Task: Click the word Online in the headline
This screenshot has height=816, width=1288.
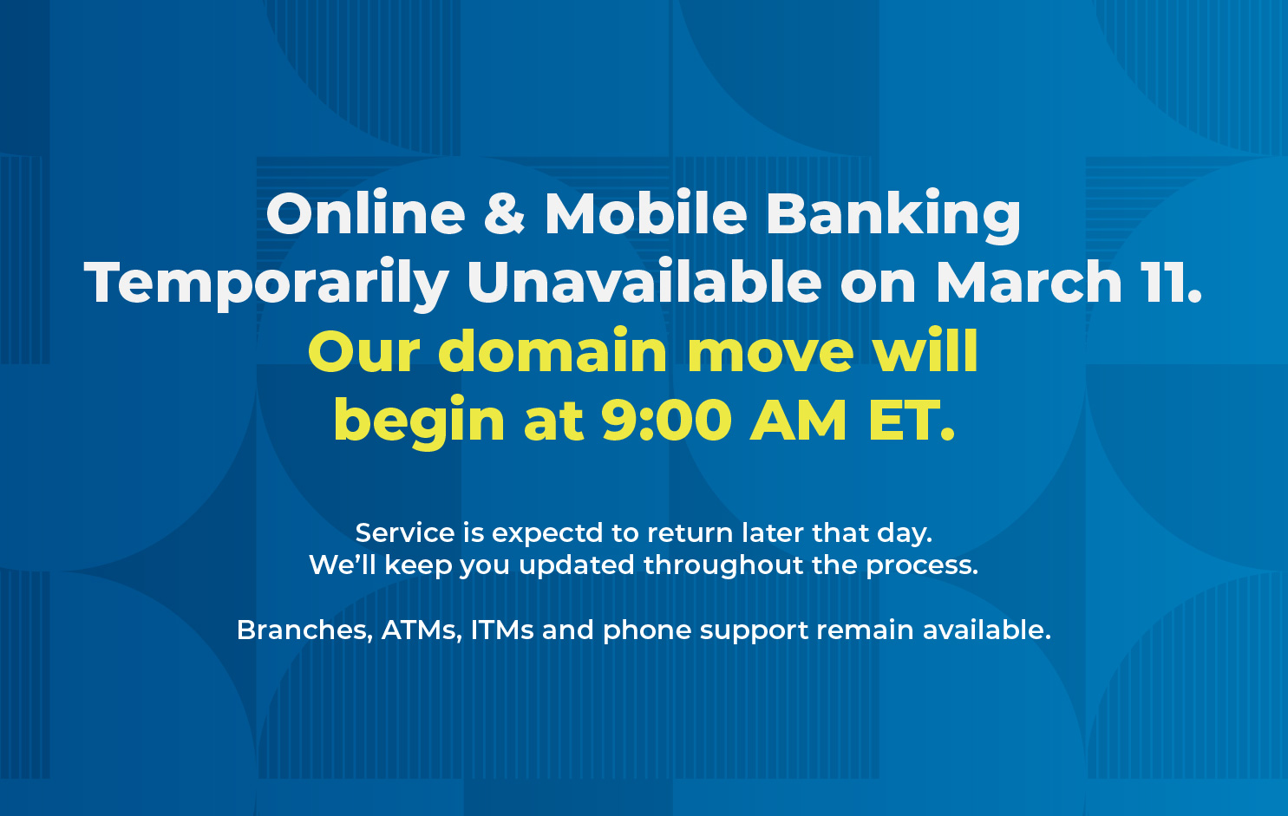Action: [x=366, y=212]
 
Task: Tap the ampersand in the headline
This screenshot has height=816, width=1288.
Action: [x=504, y=212]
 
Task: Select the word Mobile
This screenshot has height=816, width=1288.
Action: [x=645, y=212]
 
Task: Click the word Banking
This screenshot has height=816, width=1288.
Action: [x=893, y=217]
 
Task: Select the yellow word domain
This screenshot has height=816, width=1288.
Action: [x=552, y=350]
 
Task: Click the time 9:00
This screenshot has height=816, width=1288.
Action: [x=666, y=421]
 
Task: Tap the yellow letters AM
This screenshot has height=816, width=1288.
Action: [x=799, y=421]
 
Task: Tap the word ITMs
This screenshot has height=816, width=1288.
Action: [x=502, y=630]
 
